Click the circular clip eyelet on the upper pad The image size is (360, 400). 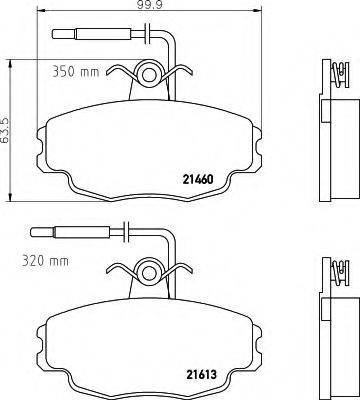(x=149, y=74)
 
